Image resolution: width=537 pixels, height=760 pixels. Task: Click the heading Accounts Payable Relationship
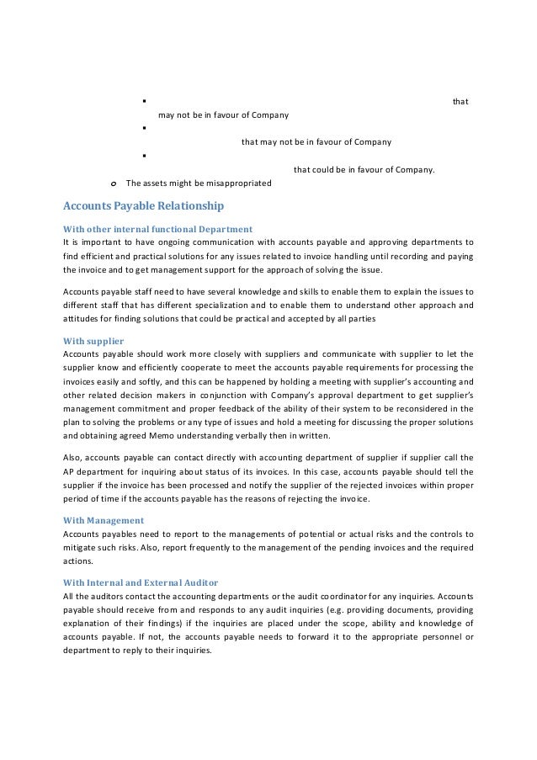[144, 205]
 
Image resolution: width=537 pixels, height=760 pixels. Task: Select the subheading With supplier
[94, 341]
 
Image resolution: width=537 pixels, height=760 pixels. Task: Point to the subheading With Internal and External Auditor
[141, 582]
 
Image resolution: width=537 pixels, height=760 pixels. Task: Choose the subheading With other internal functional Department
[158, 229]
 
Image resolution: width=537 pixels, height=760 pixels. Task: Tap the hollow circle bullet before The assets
[114, 183]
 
